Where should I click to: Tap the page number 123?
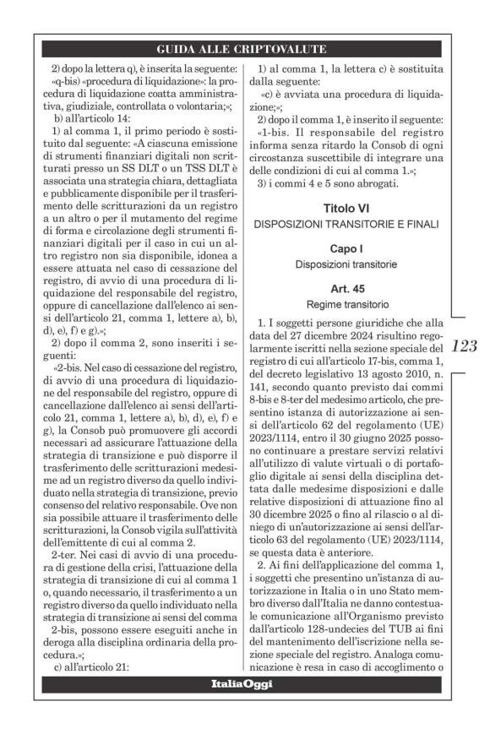pyautogui.click(x=465, y=345)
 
